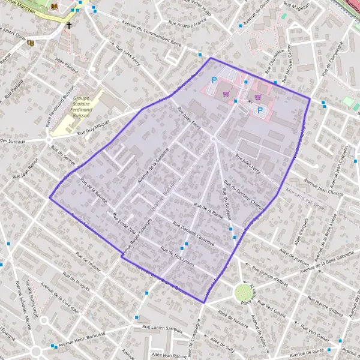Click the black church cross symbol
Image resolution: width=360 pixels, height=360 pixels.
coord(69,26)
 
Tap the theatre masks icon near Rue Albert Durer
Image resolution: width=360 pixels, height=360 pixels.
coord(31,42)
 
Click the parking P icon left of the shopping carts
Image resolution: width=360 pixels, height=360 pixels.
coord(214,80)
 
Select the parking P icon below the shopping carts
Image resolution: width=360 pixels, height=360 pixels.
coord(260,110)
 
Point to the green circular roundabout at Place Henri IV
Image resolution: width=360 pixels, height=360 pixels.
coord(243,293)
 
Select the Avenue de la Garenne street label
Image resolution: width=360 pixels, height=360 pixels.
coord(153,164)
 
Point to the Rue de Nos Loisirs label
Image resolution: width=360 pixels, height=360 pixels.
coord(180,252)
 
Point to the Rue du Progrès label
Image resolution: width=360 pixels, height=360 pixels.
coord(75,280)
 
